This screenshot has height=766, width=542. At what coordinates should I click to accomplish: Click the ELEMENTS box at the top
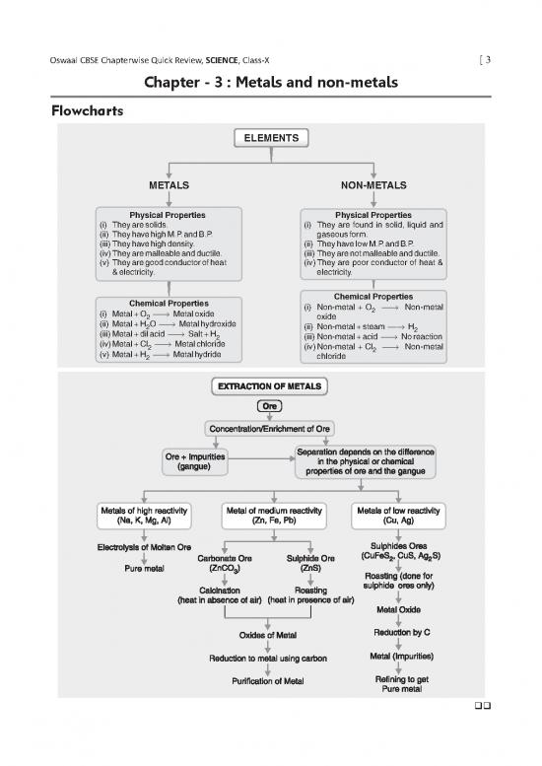pos(270,139)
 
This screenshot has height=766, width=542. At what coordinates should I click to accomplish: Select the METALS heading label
pos(169,185)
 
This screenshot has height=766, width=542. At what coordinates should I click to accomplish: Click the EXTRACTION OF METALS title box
pos(270,385)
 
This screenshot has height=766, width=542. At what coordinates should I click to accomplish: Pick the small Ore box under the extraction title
pos(269,406)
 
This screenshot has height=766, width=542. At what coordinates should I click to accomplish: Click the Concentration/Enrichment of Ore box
pos(270,429)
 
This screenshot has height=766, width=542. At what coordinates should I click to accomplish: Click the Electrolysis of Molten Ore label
pos(144,547)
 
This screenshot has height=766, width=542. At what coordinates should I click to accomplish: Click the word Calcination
pos(226,591)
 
